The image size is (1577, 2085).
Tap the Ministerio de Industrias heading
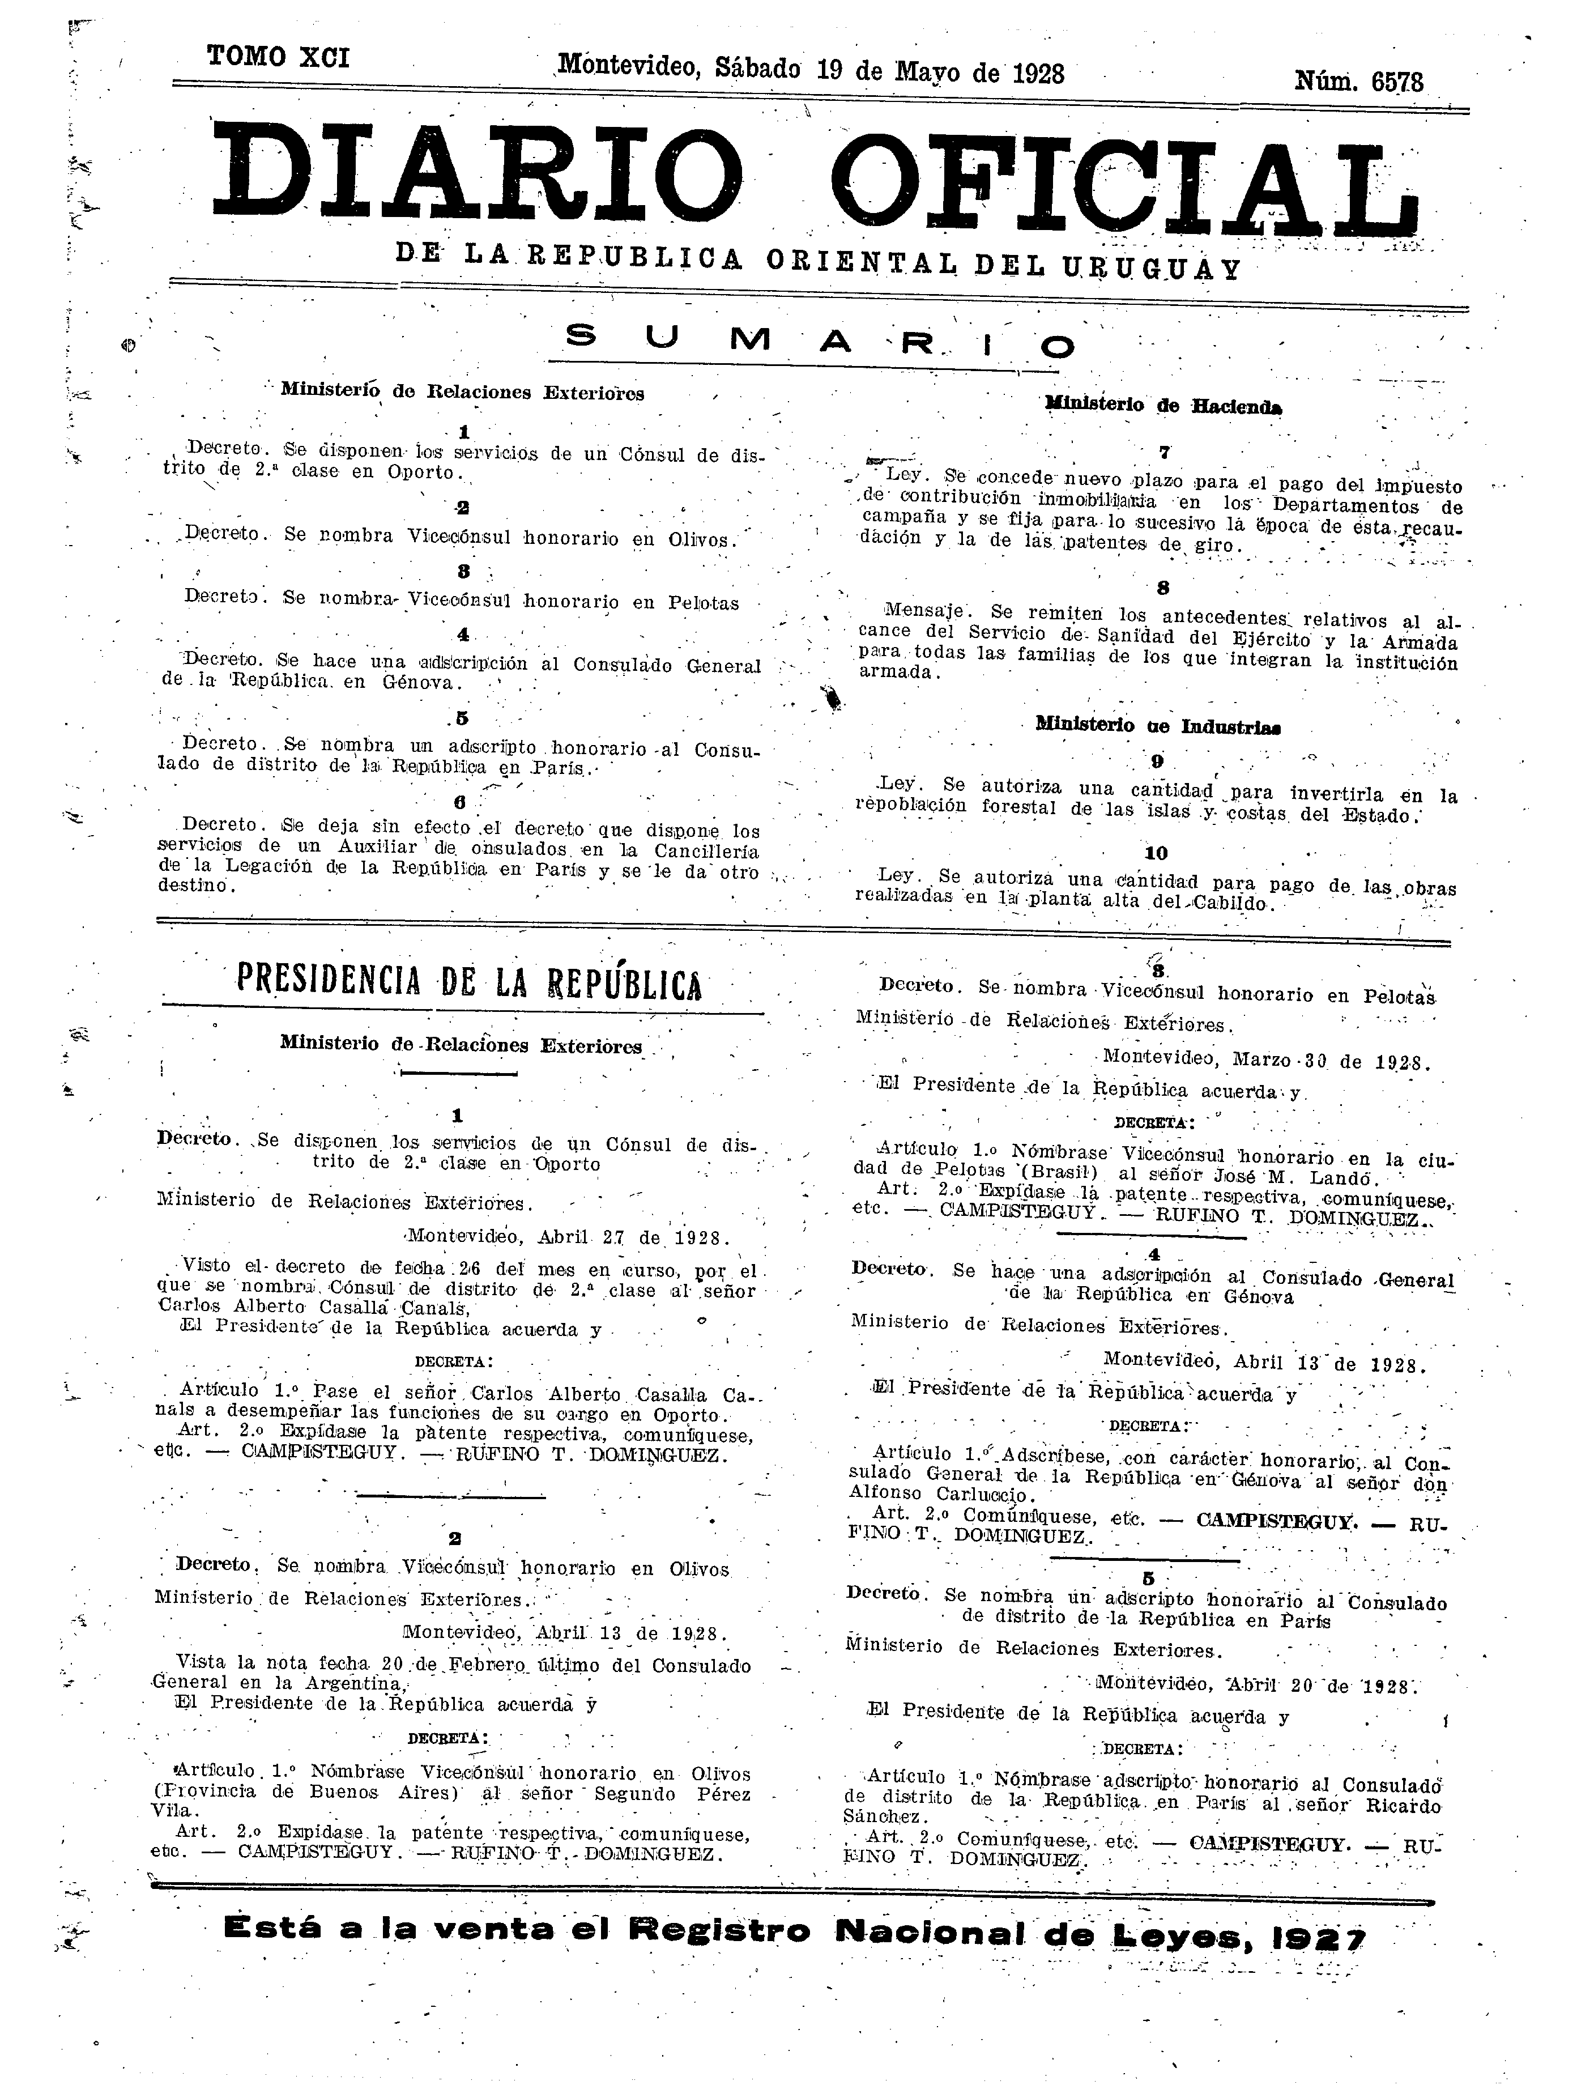[x=1150, y=727]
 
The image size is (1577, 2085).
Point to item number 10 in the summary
[x=1156, y=854]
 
